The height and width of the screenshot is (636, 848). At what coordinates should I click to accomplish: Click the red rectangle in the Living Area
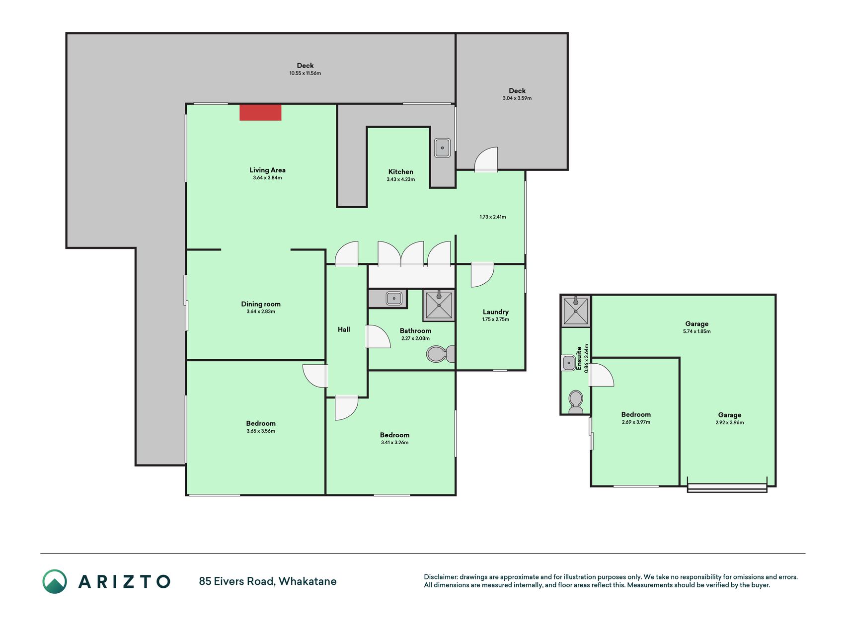click(260, 112)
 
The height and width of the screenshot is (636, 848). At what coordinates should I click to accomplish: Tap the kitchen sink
click(442, 148)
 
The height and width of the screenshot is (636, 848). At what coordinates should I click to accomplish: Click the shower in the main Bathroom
click(439, 305)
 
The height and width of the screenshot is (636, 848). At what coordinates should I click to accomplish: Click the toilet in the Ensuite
click(576, 402)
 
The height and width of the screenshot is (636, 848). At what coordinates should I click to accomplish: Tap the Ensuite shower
click(576, 311)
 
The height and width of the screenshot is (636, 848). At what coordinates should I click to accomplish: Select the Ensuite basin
click(569, 363)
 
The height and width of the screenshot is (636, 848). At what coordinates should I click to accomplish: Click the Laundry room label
click(495, 312)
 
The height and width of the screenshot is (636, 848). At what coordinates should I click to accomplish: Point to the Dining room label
click(261, 304)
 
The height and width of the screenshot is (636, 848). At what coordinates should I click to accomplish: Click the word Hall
click(344, 329)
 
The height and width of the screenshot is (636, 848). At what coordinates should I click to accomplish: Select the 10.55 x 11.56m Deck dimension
click(305, 73)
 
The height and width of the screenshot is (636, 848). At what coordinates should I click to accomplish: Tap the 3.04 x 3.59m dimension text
click(517, 98)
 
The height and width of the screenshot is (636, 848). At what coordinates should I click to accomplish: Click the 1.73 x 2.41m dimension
click(493, 217)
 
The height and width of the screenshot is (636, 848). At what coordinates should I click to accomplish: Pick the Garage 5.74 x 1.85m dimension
click(696, 331)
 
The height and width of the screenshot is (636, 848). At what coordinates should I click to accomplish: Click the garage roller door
click(727, 488)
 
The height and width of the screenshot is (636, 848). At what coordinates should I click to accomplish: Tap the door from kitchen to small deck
click(486, 159)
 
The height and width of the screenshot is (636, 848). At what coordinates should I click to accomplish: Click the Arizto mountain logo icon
click(55, 581)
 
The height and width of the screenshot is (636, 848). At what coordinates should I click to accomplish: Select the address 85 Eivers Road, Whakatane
click(268, 581)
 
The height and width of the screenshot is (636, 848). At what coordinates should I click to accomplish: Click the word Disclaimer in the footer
click(441, 577)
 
